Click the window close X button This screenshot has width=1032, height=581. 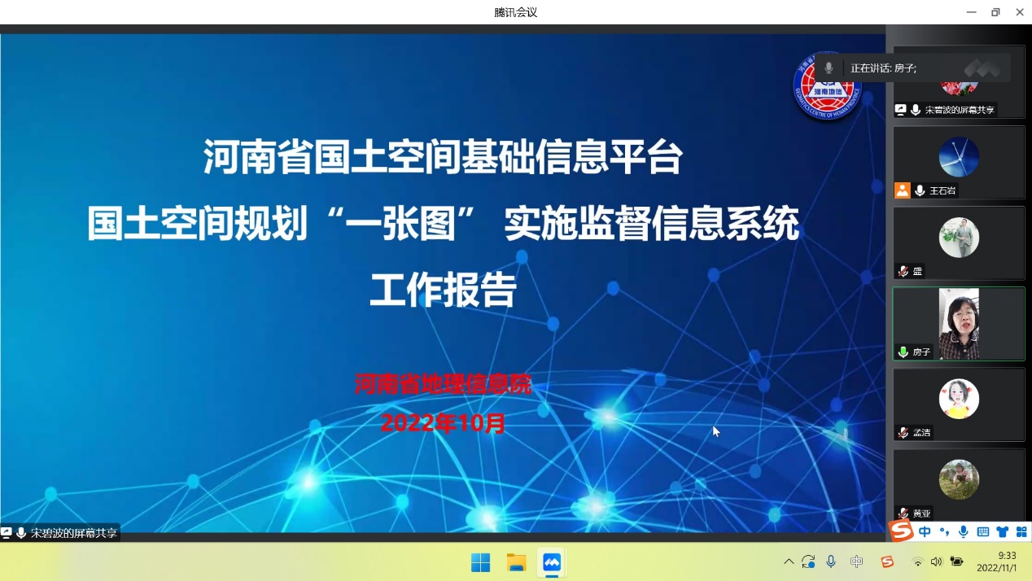(1019, 12)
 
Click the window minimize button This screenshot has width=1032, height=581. (971, 12)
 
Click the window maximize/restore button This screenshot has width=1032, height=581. (995, 12)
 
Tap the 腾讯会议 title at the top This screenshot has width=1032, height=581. (516, 12)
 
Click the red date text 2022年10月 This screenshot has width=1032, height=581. (444, 423)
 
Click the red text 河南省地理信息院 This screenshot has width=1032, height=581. (444, 384)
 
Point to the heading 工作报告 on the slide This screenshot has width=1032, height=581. (444, 290)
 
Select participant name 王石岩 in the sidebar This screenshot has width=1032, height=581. (942, 190)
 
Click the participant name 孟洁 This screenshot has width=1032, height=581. (921, 433)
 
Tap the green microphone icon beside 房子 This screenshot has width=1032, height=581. (903, 352)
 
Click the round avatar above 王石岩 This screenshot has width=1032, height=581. (959, 157)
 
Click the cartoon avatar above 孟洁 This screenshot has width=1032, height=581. (959, 399)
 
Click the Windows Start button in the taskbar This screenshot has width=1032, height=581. (481, 562)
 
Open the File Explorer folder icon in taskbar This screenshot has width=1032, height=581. (517, 562)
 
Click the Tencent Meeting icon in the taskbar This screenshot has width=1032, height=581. (552, 562)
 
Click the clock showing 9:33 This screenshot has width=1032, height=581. (1007, 556)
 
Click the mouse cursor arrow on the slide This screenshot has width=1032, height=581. (715, 431)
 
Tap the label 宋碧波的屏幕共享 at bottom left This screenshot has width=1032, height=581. (74, 534)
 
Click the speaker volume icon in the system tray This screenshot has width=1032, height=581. (936, 562)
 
